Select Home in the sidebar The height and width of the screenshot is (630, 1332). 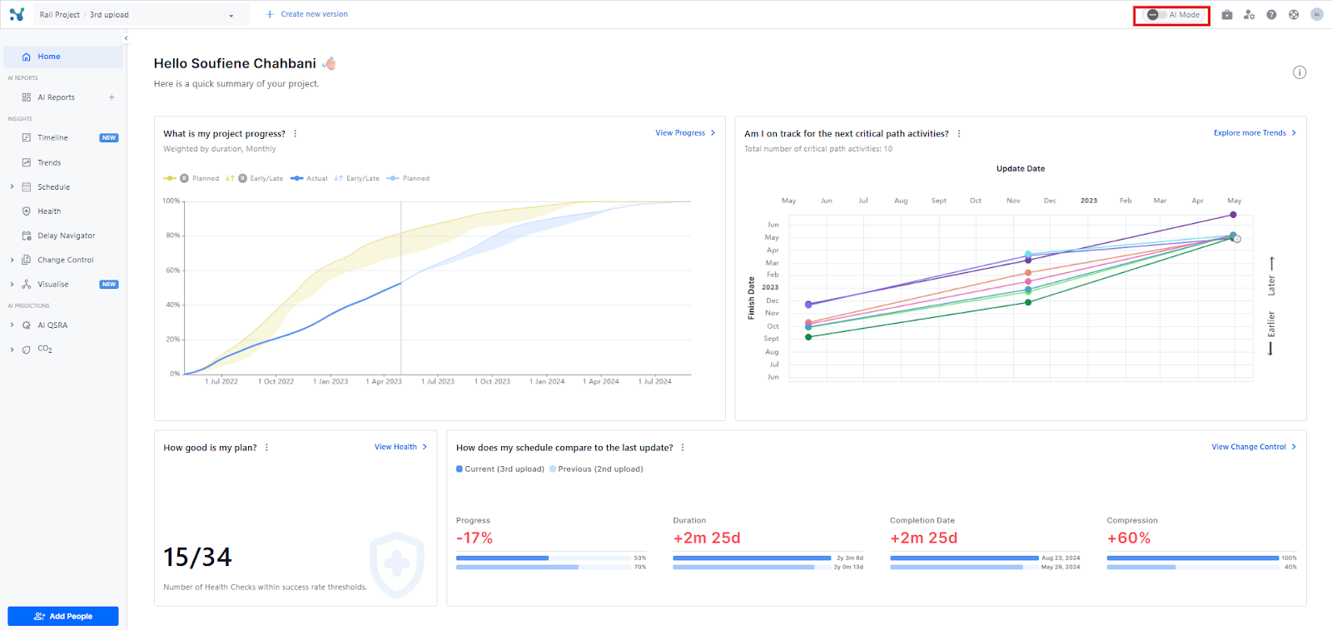[x=48, y=57]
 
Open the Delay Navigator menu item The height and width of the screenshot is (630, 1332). [x=66, y=236]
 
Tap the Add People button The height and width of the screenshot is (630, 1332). [x=63, y=616]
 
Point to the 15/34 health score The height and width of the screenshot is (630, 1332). [x=197, y=557]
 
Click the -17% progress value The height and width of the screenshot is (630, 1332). [x=475, y=538]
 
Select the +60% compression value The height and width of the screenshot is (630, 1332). [x=1128, y=538]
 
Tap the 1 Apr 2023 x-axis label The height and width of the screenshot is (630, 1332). [x=384, y=381]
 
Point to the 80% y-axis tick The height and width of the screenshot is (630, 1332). [x=172, y=236]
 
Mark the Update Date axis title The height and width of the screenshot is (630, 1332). [x=1021, y=169]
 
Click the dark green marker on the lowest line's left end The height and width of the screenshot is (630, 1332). [x=808, y=337]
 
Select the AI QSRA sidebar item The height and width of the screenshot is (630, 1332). [x=52, y=325]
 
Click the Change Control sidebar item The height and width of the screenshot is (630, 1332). [x=65, y=260]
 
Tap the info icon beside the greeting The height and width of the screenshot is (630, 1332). [x=1300, y=72]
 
